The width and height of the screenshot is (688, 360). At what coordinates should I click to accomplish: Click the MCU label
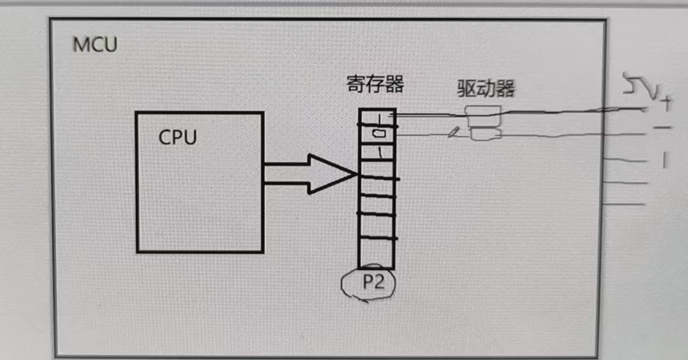[x=95, y=44]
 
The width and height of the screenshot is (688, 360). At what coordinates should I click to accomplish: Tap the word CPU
[x=177, y=137]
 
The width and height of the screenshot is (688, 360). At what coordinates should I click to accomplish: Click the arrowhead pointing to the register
[x=332, y=174]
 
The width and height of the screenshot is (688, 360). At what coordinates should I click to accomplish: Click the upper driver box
[x=483, y=111]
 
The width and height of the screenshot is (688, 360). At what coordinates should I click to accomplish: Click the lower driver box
[x=486, y=134]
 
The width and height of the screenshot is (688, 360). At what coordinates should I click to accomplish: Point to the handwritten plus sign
[x=666, y=102]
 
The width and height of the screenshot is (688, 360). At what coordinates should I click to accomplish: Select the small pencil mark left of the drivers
[x=453, y=132]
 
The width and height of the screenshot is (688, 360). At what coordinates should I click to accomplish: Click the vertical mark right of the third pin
[x=664, y=160]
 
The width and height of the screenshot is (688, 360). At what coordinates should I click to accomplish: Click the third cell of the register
[x=377, y=153]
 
